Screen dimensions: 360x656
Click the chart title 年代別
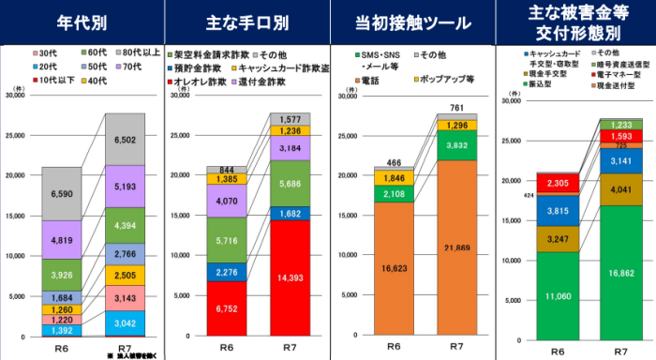82,20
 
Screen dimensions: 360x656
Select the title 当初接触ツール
410,20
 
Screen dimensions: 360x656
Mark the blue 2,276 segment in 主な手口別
227,273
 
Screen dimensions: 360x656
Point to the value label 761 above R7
456,108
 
